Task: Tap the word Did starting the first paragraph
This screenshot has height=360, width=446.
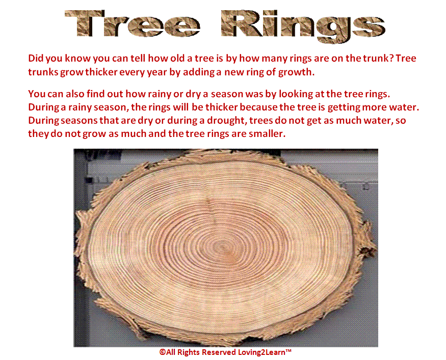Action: (36, 58)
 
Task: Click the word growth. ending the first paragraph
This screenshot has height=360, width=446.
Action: (296, 72)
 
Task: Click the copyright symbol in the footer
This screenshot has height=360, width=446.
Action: (163, 352)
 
